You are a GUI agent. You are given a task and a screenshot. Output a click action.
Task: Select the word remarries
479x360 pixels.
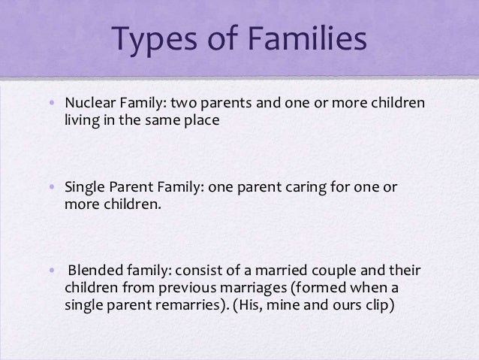[181, 306]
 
